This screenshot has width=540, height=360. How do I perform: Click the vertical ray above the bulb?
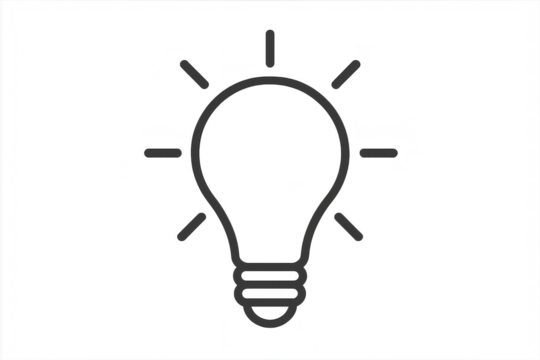(x=269, y=47)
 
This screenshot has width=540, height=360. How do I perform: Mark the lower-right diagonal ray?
(x=350, y=226)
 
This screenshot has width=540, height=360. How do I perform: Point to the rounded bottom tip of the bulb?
(x=269, y=322)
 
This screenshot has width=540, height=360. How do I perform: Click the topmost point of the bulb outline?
(x=269, y=81)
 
